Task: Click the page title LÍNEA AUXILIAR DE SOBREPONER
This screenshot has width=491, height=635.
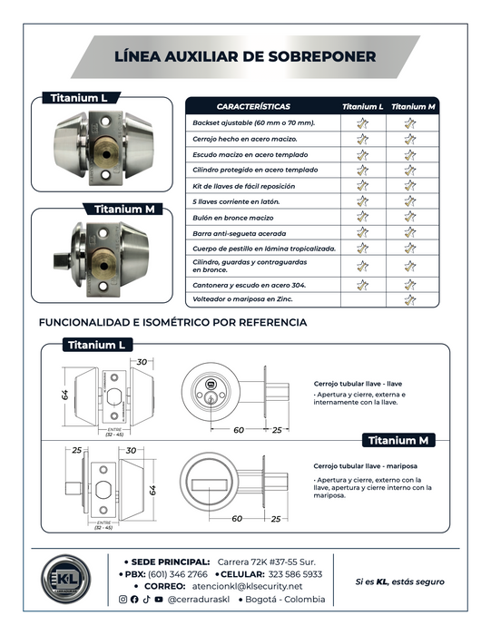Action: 245,56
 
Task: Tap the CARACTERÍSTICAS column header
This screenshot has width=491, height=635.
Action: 253,106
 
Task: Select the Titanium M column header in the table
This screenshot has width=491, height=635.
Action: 413,106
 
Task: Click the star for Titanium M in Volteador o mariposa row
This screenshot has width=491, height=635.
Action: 410,300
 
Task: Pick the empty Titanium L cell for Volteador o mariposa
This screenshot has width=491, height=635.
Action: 363,299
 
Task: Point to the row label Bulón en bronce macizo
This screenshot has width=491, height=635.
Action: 233,218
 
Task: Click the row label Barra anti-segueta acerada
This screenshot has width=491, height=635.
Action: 240,234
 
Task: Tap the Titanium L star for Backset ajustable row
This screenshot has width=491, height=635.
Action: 363,123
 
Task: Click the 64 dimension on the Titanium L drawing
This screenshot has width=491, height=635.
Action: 64,396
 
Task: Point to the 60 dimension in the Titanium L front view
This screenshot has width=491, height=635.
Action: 238,430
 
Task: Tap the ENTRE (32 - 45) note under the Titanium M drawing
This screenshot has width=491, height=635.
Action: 103,525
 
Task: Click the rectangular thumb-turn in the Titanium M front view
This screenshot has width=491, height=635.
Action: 209,484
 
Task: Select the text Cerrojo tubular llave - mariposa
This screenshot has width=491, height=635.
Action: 366,466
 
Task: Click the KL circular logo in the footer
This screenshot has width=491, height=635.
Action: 65,579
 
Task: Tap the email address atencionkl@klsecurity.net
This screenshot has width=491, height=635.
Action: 247,586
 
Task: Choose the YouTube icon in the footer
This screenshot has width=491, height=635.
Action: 159,599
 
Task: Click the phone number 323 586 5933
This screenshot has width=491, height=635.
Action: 295,574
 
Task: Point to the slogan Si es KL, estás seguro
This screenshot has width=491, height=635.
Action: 400,582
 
